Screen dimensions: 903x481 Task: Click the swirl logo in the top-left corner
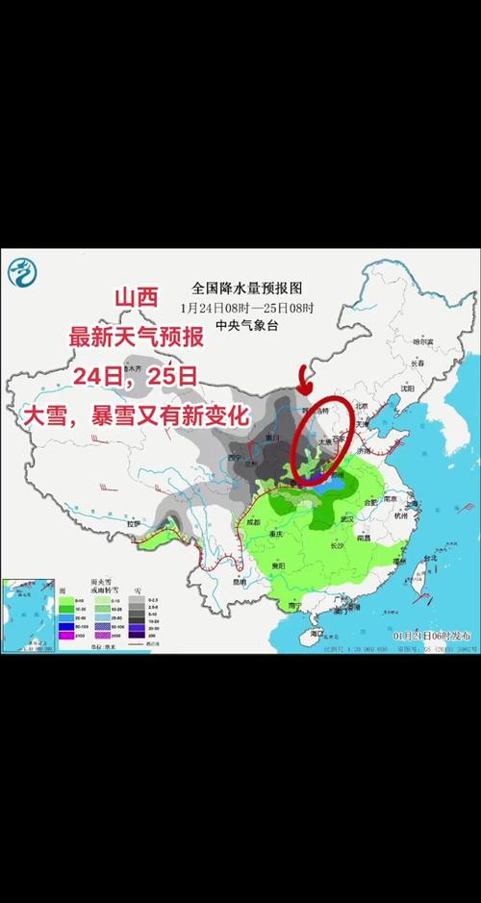(x=18, y=274)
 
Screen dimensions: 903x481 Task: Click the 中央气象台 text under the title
(x=247, y=325)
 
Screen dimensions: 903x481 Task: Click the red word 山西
(x=136, y=299)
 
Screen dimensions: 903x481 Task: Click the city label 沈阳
(x=409, y=391)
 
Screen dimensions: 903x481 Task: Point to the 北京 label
(x=362, y=407)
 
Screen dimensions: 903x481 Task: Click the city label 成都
(x=252, y=522)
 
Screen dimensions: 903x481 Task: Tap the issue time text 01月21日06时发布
(x=432, y=637)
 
